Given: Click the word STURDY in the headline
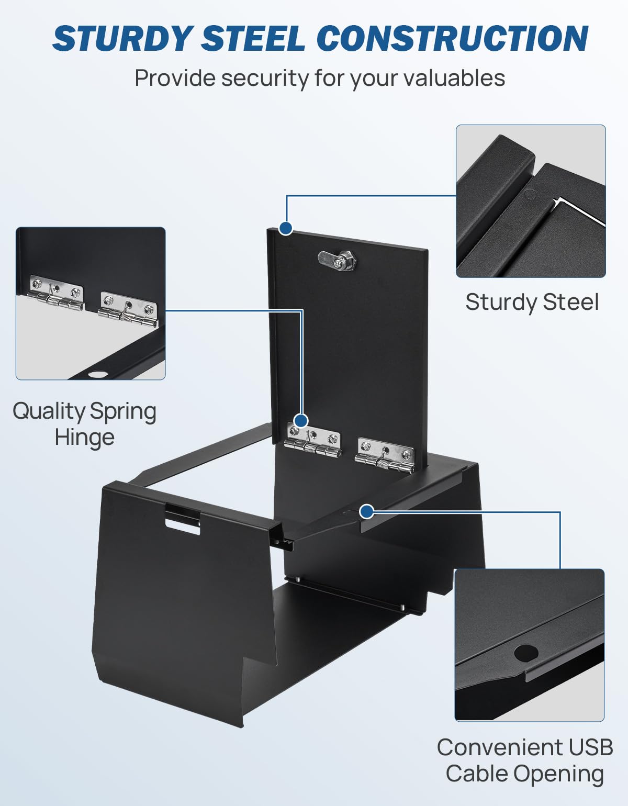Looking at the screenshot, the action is tap(121, 38).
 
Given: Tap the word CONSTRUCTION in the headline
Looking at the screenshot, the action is tap(453, 38).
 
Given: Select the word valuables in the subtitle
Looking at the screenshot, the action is tap(454, 78).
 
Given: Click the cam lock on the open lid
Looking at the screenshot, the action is tap(338, 259).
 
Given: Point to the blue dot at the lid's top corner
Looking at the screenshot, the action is tap(285, 228).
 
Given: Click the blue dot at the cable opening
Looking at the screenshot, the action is tap(367, 511).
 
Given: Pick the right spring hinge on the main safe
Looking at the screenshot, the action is tap(385, 456).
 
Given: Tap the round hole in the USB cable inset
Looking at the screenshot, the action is tap(526, 653).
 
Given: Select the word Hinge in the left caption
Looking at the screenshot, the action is tap(85, 438).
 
